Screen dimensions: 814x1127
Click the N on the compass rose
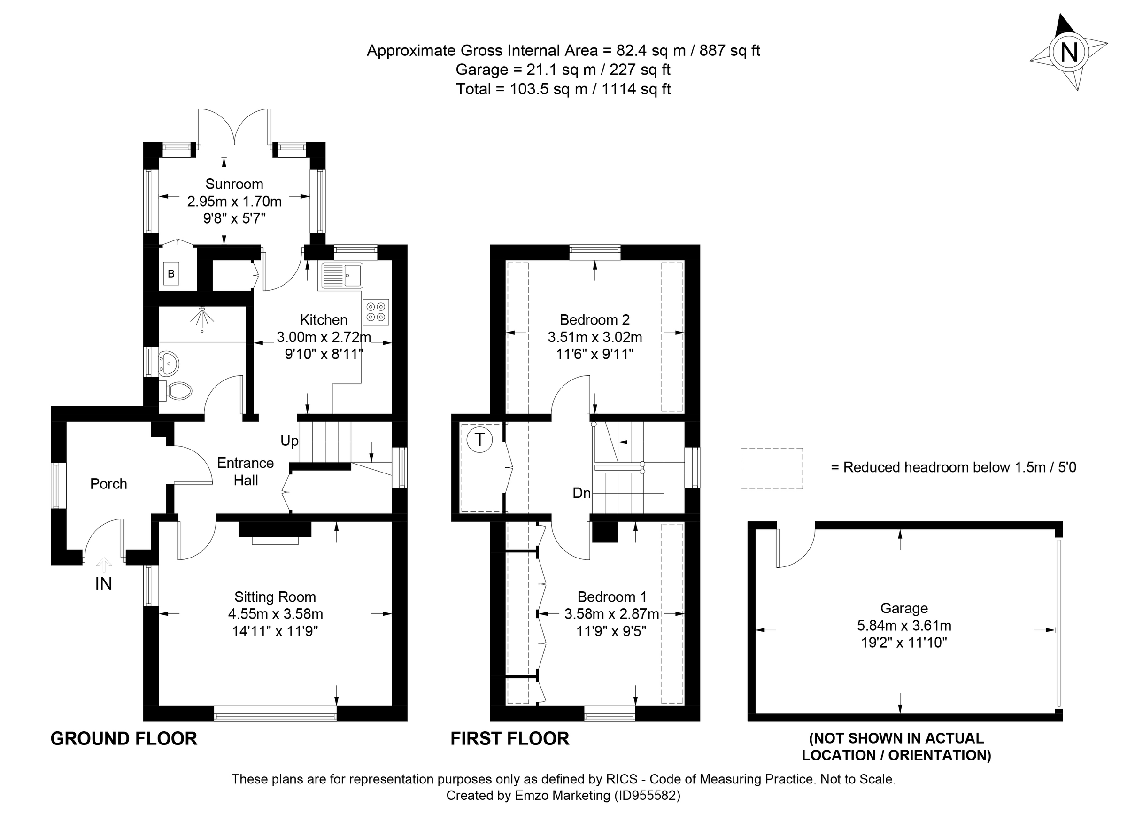pos(1069,52)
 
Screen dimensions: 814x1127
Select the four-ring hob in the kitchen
pos(376,311)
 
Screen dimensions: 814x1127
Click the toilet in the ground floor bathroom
pos(177,391)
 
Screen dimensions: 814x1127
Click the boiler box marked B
pos(171,274)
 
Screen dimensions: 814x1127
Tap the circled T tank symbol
pos(479,440)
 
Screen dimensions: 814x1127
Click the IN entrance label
pos(103,584)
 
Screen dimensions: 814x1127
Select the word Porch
pos(108,483)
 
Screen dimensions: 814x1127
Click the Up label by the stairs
pos(289,441)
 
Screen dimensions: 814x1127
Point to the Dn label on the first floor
pos(581,493)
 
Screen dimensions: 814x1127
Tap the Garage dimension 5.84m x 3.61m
pos(904,625)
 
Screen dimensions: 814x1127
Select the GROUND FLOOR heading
pos(124,738)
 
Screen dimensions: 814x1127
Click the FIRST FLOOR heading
pos(509,738)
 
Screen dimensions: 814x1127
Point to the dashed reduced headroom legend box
pos(771,468)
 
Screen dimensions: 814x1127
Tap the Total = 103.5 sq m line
pos(563,89)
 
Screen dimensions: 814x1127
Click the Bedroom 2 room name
pos(594,319)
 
